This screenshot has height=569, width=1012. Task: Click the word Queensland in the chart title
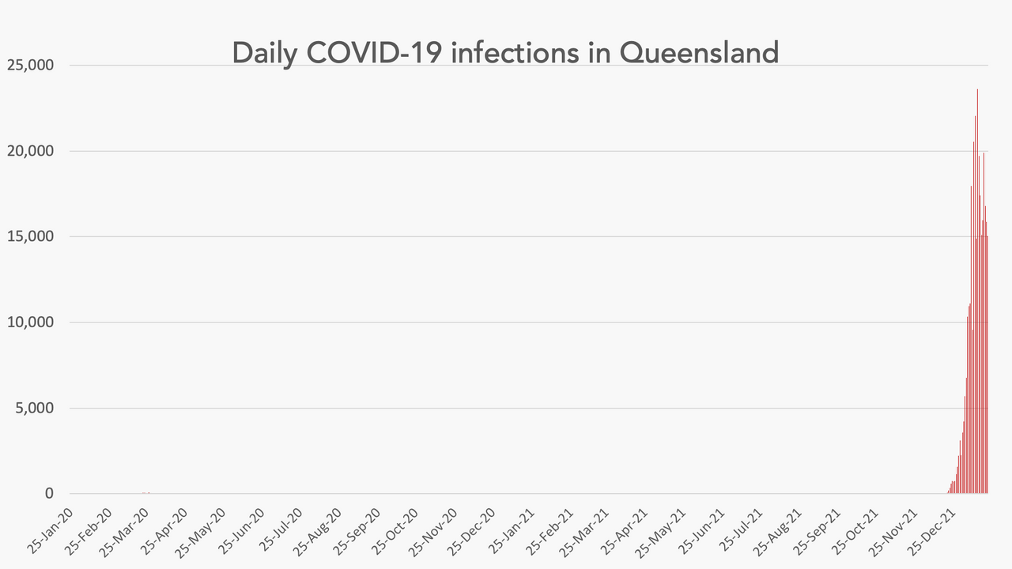pyautogui.click(x=700, y=53)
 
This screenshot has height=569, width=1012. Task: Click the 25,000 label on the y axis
pyautogui.click(x=29, y=65)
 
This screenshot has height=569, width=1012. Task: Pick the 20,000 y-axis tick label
pyautogui.click(x=29, y=151)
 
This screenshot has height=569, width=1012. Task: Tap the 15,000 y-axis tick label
pyautogui.click(x=29, y=236)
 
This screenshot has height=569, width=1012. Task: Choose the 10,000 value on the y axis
pyautogui.click(x=29, y=322)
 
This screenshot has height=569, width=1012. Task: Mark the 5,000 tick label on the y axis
pyautogui.click(x=33, y=408)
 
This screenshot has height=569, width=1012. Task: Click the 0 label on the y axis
pyautogui.click(x=49, y=494)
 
